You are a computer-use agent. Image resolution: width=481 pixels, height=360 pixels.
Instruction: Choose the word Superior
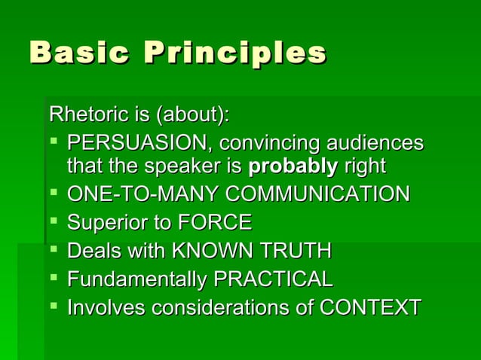tap(105, 223)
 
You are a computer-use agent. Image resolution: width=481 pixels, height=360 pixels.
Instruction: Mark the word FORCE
tap(215, 223)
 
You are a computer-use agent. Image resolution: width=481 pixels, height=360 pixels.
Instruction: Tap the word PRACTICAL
tap(274, 279)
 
